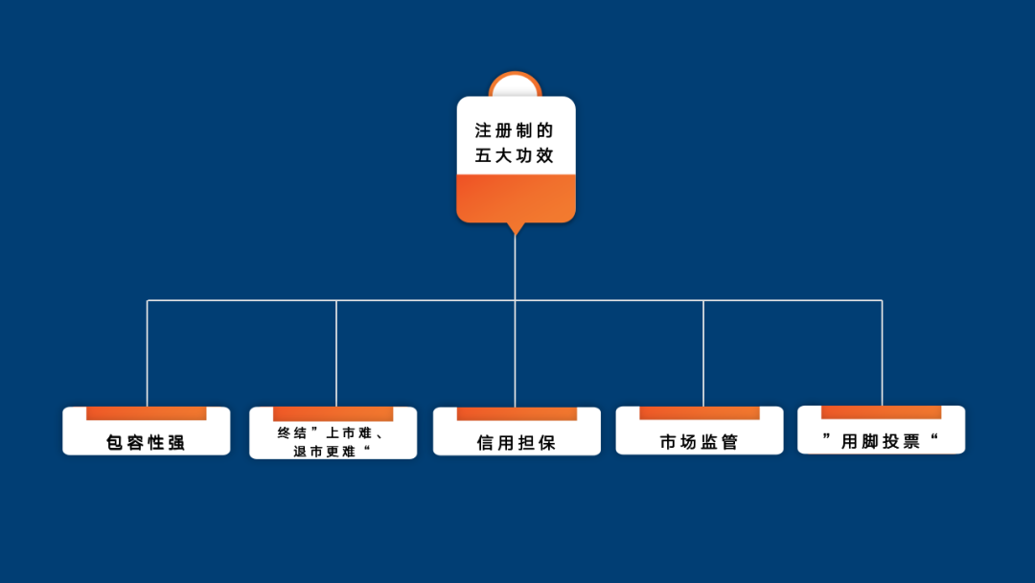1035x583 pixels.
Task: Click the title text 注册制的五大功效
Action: pos(515,143)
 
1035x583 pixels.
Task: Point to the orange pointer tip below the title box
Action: pos(516,229)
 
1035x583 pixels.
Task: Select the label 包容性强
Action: pos(146,443)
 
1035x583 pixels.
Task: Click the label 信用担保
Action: pos(516,443)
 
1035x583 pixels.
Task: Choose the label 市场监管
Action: pos(699,442)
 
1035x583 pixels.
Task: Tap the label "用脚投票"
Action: pos(881,441)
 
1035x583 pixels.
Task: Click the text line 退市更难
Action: pos(333,451)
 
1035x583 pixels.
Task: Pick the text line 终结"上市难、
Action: pos(333,432)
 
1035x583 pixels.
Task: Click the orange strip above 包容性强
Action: pos(146,413)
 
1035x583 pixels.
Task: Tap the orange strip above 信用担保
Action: pos(517,413)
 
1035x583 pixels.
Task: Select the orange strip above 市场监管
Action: pos(699,412)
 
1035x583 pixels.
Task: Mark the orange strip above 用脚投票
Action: pos(881,412)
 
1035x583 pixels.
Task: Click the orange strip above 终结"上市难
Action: pos(333,413)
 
